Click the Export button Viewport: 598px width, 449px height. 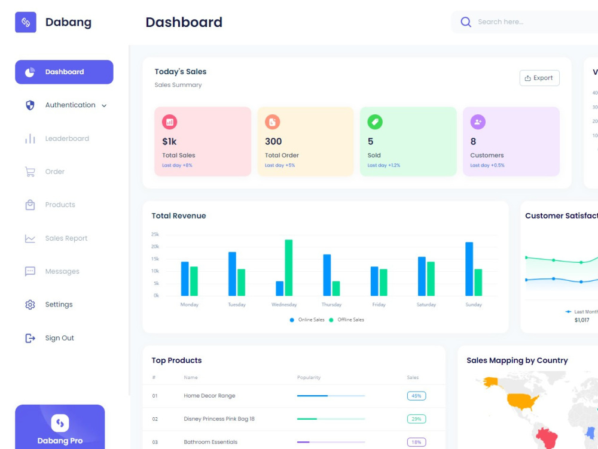click(x=539, y=78)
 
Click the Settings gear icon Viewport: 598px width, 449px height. click(x=30, y=305)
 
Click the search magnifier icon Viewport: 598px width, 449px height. click(x=466, y=22)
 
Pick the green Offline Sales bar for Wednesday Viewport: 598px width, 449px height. click(x=289, y=268)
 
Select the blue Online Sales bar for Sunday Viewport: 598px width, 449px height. click(x=469, y=269)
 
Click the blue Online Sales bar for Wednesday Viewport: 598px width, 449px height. click(x=279, y=289)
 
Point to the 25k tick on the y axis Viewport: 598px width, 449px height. click(x=155, y=235)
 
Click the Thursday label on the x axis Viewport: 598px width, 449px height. click(x=331, y=305)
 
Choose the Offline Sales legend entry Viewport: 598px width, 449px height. click(x=347, y=320)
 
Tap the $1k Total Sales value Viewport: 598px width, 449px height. click(x=169, y=142)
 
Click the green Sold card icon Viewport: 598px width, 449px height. click(x=375, y=122)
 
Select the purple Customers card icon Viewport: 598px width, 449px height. click(x=478, y=122)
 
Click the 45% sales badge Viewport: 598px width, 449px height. click(x=416, y=396)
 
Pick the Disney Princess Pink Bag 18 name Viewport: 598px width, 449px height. click(x=219, y=419)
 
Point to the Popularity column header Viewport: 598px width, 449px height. click(x=309, y=378)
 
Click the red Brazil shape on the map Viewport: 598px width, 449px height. click(x=547, y=439)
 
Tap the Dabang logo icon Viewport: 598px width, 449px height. click(x=26, y=22)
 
